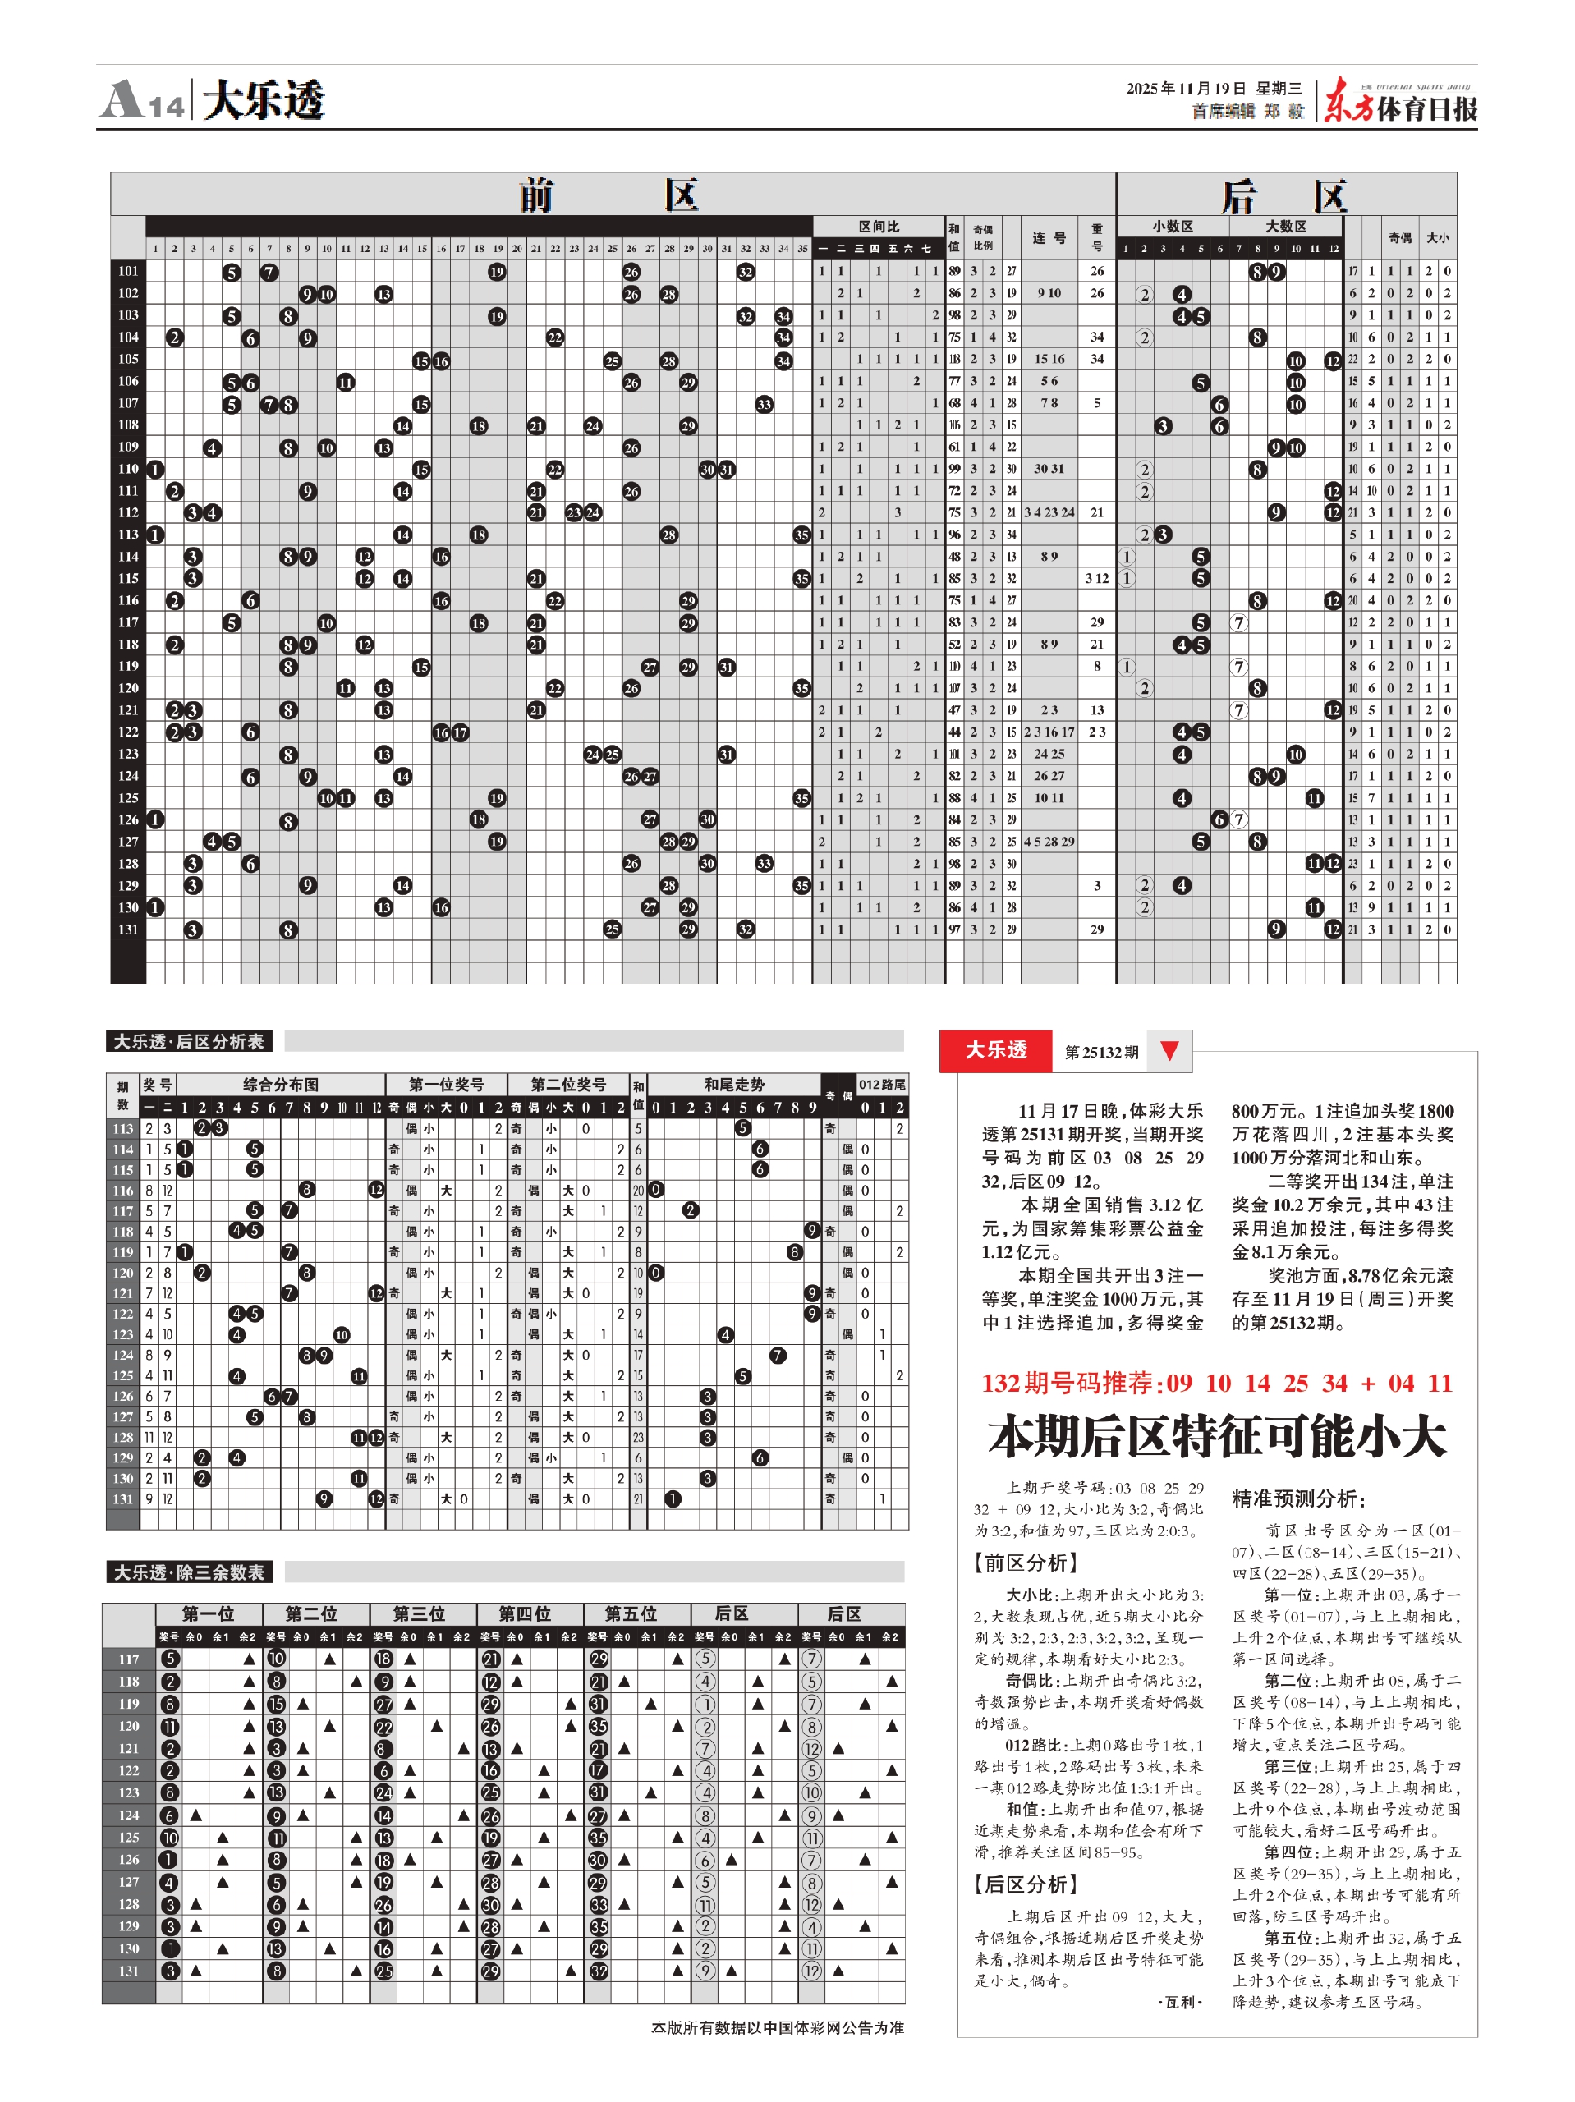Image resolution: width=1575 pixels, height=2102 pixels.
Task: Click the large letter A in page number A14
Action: coord(122,100)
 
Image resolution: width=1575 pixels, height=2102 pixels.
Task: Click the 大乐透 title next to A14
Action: coord(264,100)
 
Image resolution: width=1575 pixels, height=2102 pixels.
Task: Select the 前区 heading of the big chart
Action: coord(608,195)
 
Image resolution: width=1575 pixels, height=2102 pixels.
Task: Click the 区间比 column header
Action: coord(877,226)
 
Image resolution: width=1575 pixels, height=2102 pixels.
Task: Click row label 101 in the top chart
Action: coord(128,271)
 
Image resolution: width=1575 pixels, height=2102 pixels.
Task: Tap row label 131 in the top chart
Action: coord(128,929)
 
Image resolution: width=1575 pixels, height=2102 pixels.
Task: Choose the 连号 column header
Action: coord(1049,237)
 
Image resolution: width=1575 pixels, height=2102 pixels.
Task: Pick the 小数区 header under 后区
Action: coord(1172,226)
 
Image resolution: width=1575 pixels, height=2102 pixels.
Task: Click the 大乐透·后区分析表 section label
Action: coord(189,1041)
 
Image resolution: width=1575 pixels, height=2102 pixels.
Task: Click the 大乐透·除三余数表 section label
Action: coord(189,1572)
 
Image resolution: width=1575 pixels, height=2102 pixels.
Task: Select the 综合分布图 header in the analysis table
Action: coord(280,1085)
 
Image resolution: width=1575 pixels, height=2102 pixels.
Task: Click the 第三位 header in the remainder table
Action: coord(419,1613)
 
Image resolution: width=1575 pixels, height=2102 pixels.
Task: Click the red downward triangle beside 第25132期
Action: coord(1169,1050)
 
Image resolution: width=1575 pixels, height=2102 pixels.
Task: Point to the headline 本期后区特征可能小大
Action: coord(1217,1436)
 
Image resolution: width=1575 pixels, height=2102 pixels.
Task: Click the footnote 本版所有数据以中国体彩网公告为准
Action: coord(777,2027)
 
